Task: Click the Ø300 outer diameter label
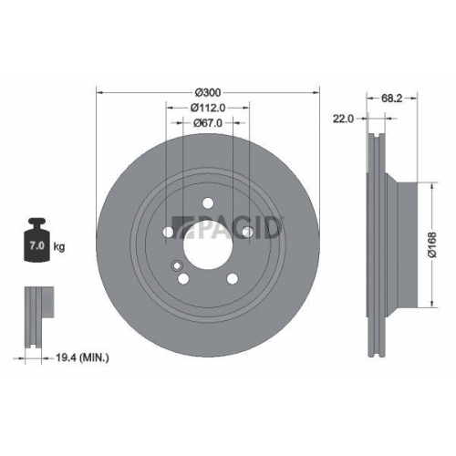click(x=209, y=92)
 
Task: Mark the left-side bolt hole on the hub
click(x=170, y=233)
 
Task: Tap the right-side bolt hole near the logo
click(x=247, y=232)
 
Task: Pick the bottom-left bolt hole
click(x=184, y=278)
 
